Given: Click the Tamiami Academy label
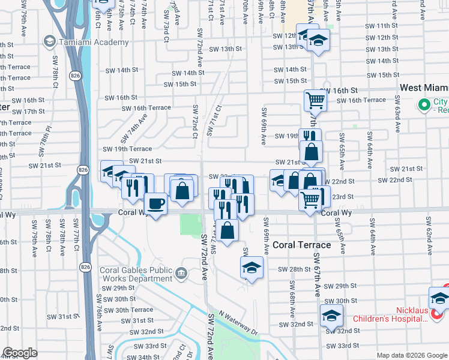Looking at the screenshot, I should click(94, 42).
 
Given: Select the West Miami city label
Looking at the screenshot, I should click(424, 88).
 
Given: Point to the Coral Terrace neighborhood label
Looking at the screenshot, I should click(301, 245).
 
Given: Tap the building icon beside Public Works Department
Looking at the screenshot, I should click(181, 274).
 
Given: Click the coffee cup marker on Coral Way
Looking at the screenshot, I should click(156, 204).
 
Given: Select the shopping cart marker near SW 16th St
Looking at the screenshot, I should click(315, 100).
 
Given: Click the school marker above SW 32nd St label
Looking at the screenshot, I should click(331, 314).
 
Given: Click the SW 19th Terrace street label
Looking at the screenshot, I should click(127, 149).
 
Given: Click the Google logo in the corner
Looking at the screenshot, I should click(18, 353).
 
